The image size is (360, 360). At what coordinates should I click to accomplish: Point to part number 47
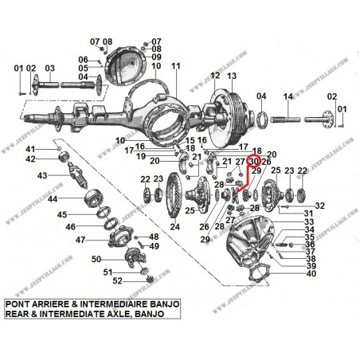point(81,240)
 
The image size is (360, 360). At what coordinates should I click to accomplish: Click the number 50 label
point(95,260)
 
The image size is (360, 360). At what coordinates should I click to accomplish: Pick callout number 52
point(116,280)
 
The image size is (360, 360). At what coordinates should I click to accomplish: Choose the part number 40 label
point(310,274)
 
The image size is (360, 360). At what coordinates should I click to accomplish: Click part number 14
point(289,96)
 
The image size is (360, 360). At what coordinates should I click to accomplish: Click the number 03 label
point(50,68)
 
